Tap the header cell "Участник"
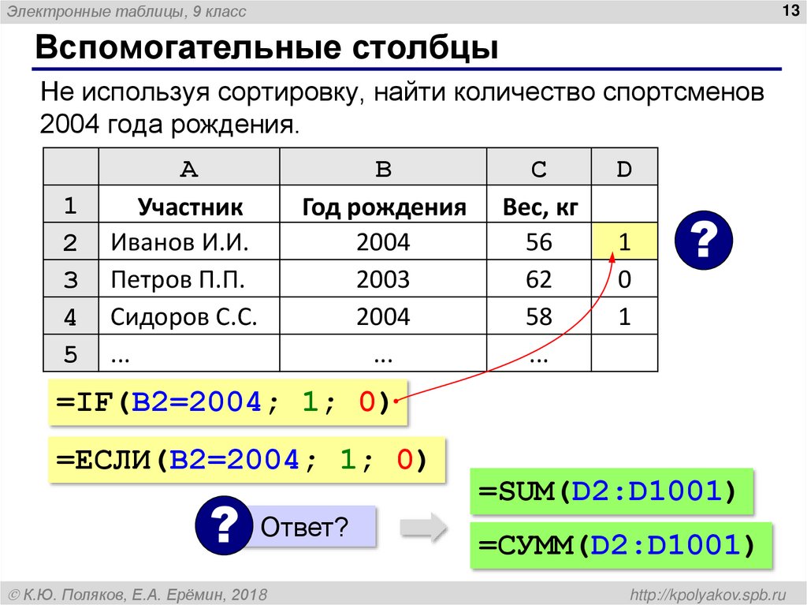coord(190,207)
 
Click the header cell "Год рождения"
coord(384,207)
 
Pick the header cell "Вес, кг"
coord(540,207)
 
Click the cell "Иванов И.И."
coord(180,242)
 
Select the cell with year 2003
coord(383,279)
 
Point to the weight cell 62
coord(540,279)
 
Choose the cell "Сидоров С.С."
coord(184,316)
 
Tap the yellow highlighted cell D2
coord(624,242)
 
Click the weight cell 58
coord(540,316)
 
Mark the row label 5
coord(70,354)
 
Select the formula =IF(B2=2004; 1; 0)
coord(224,403)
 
